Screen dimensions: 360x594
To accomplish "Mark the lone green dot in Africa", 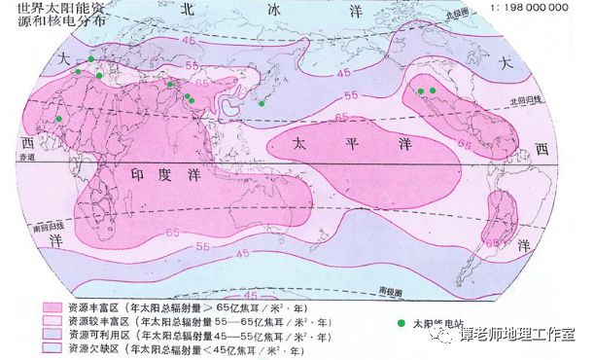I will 60,118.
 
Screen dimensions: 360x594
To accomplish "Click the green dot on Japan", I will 261,103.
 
